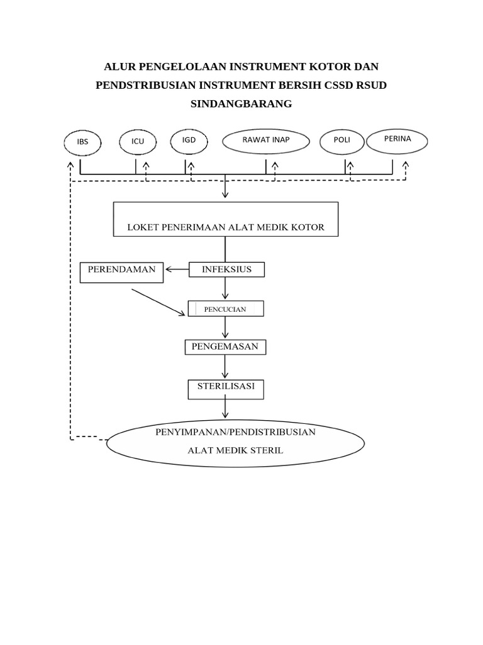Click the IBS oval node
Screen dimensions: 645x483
point(82,142)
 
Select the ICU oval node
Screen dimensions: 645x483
point(138,142)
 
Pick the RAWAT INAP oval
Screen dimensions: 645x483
point(266,140)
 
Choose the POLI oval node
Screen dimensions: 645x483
point(341,141)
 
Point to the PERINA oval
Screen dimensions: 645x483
point(397,140)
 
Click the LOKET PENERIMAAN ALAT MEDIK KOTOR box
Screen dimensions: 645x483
point(226,219)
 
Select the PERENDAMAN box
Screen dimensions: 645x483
point(121,272)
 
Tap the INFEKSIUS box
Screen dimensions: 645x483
point(226,270)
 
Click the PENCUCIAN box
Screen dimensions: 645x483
point(226,309)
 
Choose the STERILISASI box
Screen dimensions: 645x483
point(226,389)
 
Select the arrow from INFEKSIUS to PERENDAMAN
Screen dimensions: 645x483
point(177,270)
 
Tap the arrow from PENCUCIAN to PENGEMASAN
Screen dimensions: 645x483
point(225,328)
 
